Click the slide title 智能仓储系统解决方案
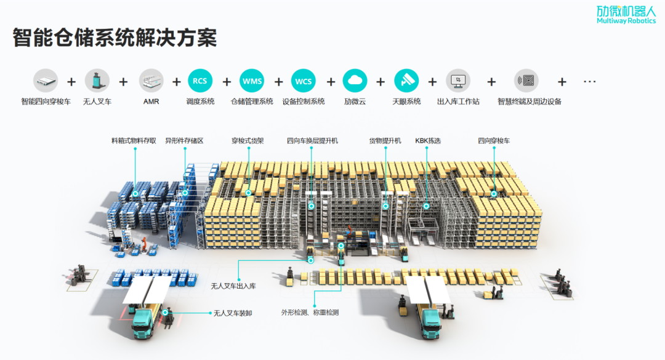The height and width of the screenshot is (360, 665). tap(115, 38)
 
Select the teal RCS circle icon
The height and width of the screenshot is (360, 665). tap(200, 81)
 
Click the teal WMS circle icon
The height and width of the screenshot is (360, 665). tap(252, 81)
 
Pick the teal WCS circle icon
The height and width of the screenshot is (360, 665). tap(304, 81)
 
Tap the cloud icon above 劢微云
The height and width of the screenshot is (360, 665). tap(355, 81)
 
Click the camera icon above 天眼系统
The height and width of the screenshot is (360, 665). tap(406, 81)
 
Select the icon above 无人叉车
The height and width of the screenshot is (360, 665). tap(97, 81)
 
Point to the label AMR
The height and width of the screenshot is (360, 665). tap(151, 102)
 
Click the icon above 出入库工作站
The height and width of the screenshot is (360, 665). tap(458, 81)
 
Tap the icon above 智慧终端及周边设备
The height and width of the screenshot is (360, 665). tap(526, 81)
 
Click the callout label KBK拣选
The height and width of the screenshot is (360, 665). tap(428, 141)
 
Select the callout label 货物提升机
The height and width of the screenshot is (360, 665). tap(385, 141)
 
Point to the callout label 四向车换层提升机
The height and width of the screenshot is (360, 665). tap(312, 141)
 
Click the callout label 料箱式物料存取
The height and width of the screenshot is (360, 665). tap(134, 141)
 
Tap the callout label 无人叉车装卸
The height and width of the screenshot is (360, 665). tap(233, 313)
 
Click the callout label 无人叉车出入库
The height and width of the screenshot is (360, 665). tap(233, 286)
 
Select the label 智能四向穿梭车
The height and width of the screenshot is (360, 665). tap(46, 102)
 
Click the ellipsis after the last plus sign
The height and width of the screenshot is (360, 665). tap(589, 81)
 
